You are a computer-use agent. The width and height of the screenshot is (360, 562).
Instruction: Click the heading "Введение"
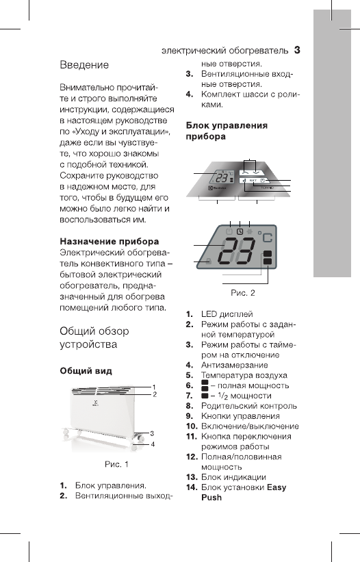(x=84, y=65)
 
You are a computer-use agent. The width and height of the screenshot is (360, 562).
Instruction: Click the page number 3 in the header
(x=298, y=49)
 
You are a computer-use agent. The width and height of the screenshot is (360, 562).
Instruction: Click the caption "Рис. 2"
(x=242, y=293)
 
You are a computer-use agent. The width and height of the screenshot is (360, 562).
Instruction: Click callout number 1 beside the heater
(x=154, y=387)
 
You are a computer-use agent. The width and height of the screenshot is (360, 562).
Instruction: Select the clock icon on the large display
(x=240, y=231)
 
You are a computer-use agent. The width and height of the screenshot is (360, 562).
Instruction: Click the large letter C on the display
(x=266, y=240)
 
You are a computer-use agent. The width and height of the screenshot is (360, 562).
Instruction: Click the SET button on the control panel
(x=253, y=181)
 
